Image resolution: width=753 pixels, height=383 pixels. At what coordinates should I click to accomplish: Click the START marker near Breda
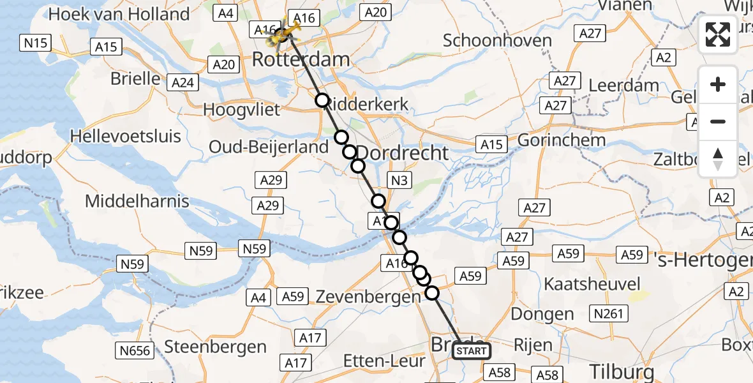coord(472,351)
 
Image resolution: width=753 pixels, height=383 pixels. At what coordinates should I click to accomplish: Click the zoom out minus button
coord(718,121)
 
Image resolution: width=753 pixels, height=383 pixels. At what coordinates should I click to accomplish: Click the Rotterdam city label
coord(301,61)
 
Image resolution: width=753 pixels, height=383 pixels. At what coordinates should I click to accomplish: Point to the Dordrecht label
coord(402,153)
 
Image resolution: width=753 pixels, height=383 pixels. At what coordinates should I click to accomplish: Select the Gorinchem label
coord(562,140)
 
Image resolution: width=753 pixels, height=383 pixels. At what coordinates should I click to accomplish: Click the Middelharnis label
coord(137,202)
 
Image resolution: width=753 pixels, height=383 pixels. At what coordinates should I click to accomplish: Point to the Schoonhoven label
coord(497,41)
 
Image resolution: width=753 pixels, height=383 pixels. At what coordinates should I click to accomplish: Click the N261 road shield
coord(611,313)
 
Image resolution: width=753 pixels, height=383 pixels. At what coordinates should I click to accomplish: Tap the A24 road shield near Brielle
coord(183,82)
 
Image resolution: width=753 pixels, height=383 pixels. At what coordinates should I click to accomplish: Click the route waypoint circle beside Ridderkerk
coord(322,100)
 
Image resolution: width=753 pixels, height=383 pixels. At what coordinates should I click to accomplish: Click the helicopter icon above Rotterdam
coord(283,35)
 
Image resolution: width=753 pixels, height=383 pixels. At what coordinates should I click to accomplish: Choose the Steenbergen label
coord(216,347)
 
